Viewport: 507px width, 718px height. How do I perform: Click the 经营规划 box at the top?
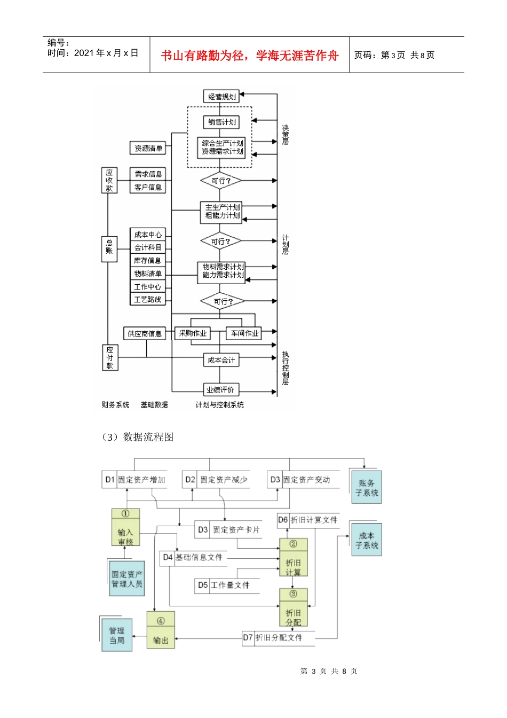pos(221,97)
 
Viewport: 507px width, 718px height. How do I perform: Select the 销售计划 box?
pos(221,122)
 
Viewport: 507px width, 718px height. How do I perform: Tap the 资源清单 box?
pos(148,149)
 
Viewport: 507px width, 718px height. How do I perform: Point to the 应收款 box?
pos(109,181)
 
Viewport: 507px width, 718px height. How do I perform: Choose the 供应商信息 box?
pos(144,334)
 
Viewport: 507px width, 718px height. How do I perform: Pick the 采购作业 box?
pos(193,333)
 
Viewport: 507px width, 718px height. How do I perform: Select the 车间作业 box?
pos(244,333)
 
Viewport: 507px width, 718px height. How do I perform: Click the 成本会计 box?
pos(221,361)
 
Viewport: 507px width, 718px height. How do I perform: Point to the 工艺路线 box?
pos(148,300)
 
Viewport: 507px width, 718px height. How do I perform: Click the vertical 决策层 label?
pos(286,135)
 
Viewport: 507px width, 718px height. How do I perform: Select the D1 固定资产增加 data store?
pos(135,480)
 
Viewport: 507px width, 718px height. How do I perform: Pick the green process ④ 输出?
pos(161,630)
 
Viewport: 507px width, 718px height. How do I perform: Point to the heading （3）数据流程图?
pos(137,437)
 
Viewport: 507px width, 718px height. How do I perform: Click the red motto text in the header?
pos(249,56)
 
